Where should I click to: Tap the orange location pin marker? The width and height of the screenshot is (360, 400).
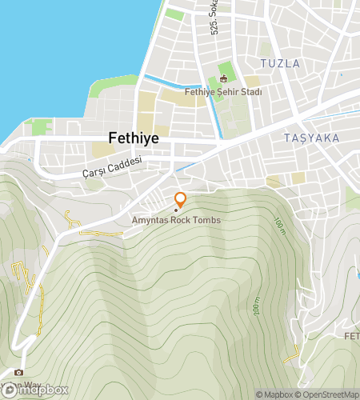(x=180, y=200)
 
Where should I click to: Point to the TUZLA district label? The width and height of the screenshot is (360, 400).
(x=280, y=63)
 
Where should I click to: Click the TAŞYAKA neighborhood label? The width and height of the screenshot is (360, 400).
(x=311, y=138)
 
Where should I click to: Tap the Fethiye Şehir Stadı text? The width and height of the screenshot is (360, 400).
(x=223, y=92)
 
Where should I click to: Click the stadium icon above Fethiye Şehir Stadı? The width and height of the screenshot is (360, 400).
(x=223, y=78)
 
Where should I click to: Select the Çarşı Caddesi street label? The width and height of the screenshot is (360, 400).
(x=113, y=167)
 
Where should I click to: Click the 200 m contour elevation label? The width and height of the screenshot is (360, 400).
(x=256, y=306)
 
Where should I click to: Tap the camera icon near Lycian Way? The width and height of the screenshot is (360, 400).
(x=19, y=372)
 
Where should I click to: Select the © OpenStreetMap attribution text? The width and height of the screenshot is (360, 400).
(x=328, y=394)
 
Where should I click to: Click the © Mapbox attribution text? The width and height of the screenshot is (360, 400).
(x=274, y=394)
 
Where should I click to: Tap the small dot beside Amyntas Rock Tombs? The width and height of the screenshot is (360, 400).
(x=176, y=210)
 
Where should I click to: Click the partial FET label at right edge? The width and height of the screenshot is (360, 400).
(x=351, y=335)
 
